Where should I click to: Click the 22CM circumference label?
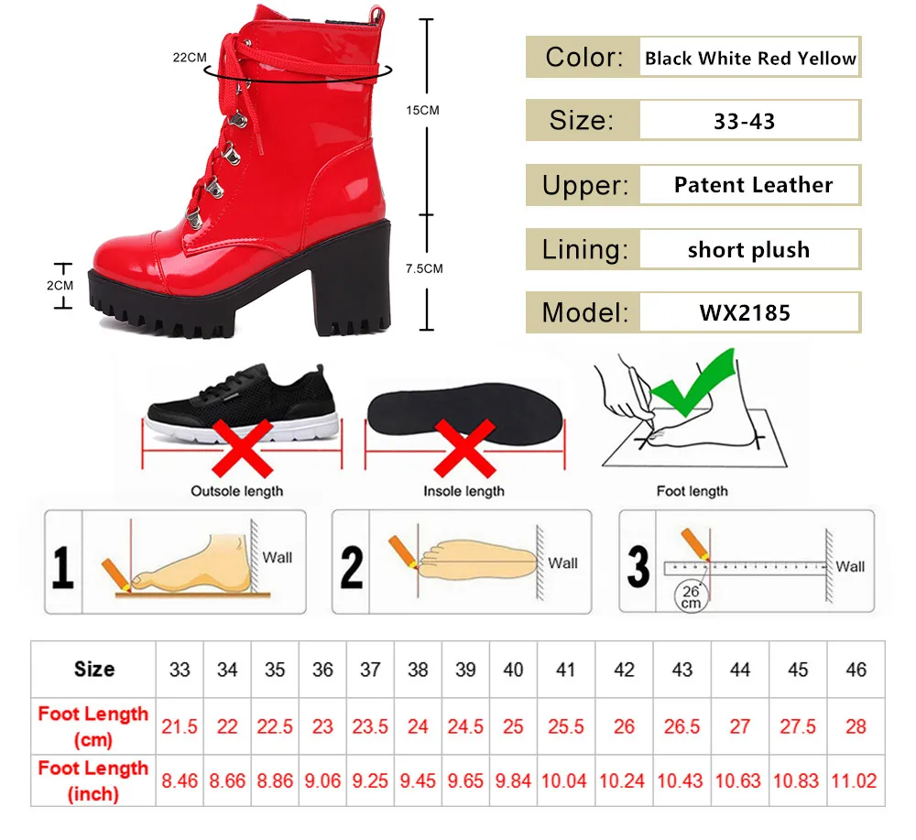[x=190, y=57]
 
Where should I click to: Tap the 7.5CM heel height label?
[x=424, y=268]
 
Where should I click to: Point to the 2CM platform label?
[x=60, y=285]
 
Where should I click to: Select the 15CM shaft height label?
[x=423, y=110]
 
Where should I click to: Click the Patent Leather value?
[x=753, y=185]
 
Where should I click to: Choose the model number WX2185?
[x=745, y=313]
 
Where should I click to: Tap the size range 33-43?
[x=744, y=121]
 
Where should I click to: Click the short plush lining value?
[x=748, y=250]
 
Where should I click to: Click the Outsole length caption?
[x=236, y=491]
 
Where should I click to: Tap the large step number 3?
[x=638, y=565]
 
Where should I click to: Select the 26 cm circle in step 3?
[x=690, y=596]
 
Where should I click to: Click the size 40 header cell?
[x=513, y=670]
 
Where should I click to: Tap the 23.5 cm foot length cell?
[x=370, y=726]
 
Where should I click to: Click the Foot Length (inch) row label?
[x=93, y=780]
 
